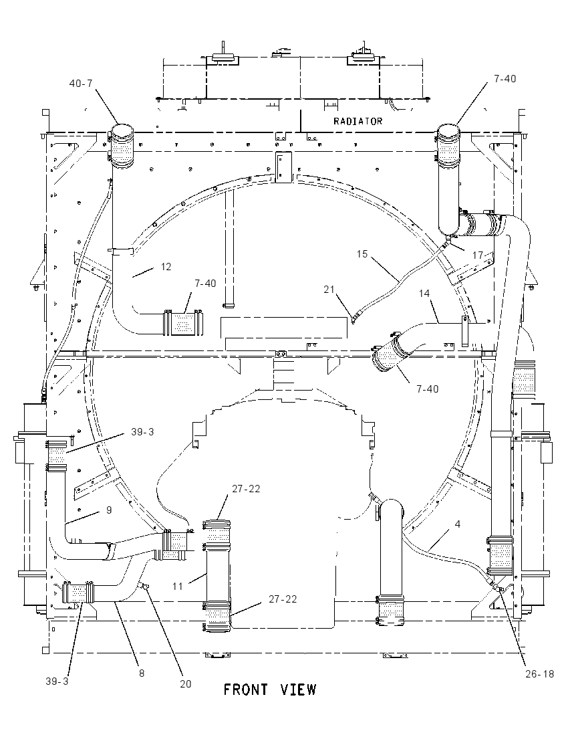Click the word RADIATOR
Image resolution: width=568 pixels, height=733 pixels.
(x=358, y=121)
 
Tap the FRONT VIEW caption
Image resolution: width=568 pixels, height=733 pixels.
(x=270, y=690)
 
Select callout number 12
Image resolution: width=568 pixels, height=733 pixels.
(x=166, y=266)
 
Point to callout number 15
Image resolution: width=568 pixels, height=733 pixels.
(x=362, y=254)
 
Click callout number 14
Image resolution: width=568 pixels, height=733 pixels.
(x=424, y=293)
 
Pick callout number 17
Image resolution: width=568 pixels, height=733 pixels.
(x=477, y=255)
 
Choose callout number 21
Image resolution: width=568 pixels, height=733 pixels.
(x=329, y=290)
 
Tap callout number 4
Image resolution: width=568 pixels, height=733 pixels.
(x=458, y=524)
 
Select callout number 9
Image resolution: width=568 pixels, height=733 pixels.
(x=109, y=510)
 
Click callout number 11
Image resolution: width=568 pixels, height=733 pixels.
(x=178, y=586)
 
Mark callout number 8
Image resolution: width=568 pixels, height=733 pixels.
(x=142, y=673)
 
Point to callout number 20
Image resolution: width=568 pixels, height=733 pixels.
(x=186, y=684)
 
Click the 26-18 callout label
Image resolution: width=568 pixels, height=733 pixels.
(x=539, y=673)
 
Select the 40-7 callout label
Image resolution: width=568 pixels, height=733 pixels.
(x=81, y=83)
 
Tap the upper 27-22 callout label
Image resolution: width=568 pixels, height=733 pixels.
(x=246, y=488)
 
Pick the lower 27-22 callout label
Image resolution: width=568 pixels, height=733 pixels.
(x=283, y=599)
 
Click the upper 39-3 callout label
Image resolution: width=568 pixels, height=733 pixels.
(x=142, y=432)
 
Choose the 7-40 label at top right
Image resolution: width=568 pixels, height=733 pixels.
(x=505, y=78)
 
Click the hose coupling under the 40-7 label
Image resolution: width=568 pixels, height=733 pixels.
(x=122, y=145)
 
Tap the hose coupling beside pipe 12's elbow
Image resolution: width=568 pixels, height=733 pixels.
(x=182, y=322)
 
